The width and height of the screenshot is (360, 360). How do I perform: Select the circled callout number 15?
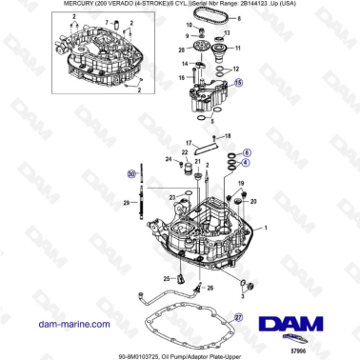(x=238, y=83)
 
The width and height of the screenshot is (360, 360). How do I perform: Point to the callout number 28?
(x=181, y=48)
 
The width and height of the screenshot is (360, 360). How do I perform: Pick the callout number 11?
(x=237, y=46)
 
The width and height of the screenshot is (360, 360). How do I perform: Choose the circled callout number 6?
(x=248, y=152)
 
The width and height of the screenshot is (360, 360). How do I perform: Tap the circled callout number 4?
(x=248, y=164)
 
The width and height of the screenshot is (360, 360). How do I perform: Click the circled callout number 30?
(x=132, y=174)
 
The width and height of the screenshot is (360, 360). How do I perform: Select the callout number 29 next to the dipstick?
(x=126, y=203)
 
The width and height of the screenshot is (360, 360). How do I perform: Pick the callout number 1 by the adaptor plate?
(x=265, y=229)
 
